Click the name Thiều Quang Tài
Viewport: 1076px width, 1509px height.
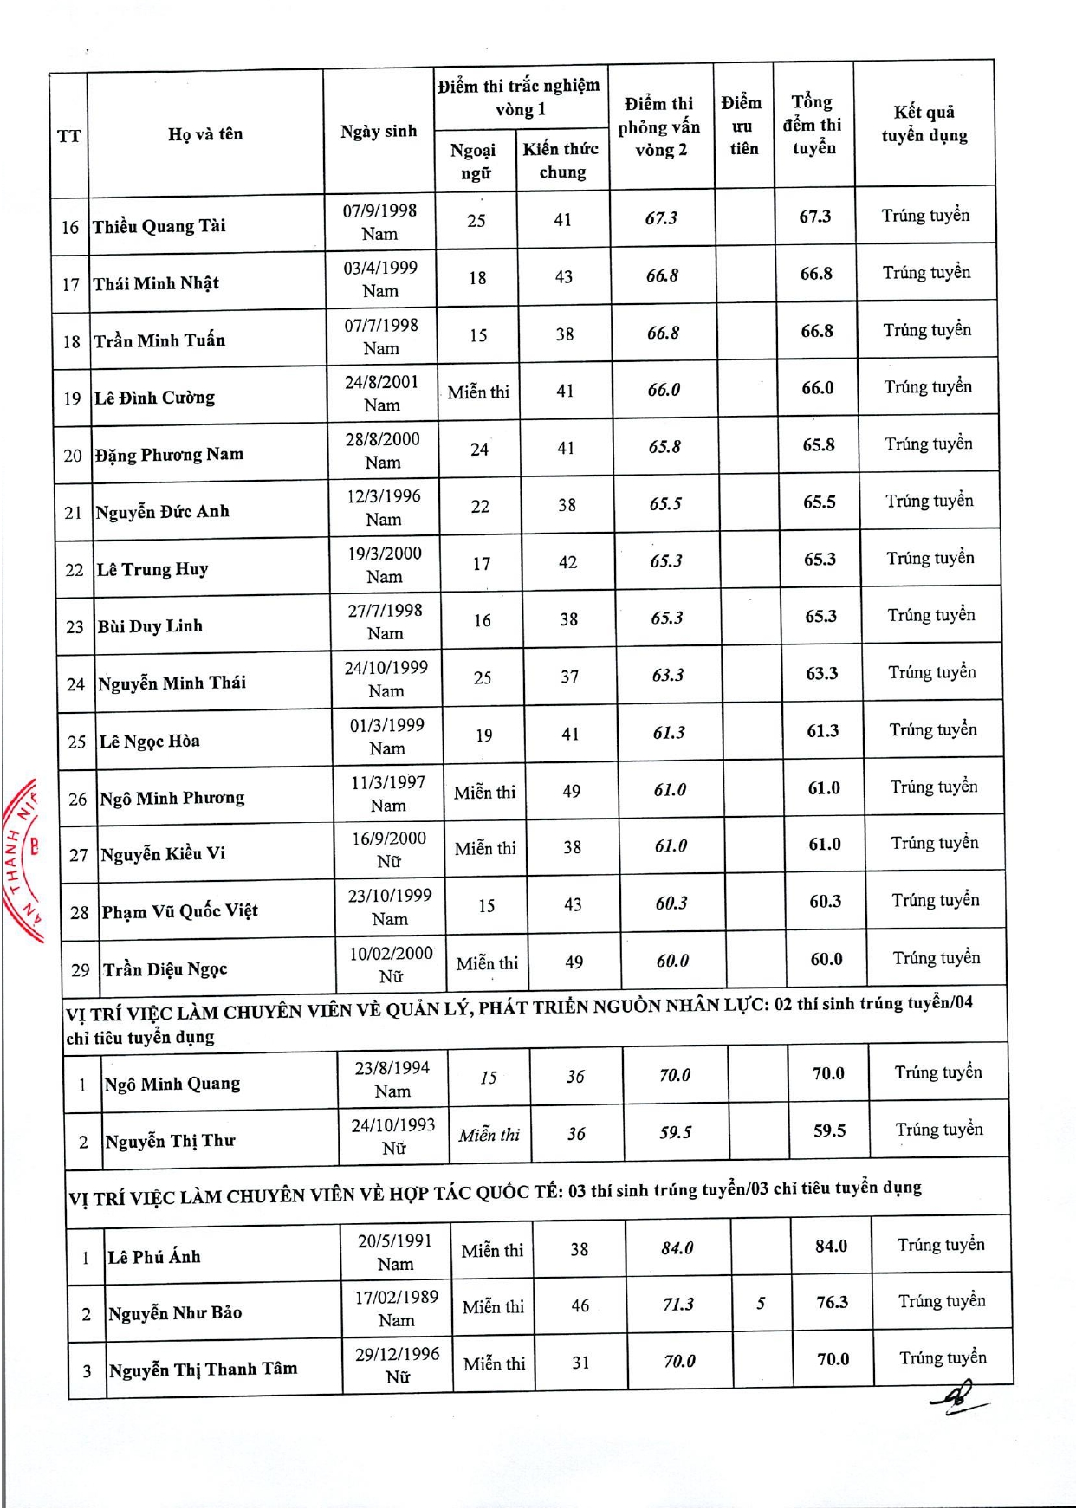pos(159,227)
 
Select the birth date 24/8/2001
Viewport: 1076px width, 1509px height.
pos(381,382)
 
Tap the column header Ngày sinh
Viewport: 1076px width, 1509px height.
pos(379,132)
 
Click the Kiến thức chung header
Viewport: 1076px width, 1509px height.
pos(561,160)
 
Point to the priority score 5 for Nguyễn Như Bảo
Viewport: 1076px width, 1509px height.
pos(761,1303)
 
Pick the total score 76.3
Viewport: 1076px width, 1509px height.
pos(832,1302)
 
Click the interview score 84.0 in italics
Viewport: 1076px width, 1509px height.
pos(677,1247)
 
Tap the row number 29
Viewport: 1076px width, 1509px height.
pos(81,970)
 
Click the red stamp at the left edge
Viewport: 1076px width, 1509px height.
pos(23,858)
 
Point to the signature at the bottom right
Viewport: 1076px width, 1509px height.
pos(957,1396)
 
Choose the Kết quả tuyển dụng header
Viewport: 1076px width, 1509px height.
pos(924,124)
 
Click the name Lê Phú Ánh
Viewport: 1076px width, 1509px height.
pos(154,1256)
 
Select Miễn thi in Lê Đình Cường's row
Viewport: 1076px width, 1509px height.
pos(478,392)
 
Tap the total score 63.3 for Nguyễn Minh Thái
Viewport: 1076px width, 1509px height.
pos(821,673)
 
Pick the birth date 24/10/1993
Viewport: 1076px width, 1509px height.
pos(393,1124)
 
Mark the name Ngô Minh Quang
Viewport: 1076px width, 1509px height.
pos(172,1084)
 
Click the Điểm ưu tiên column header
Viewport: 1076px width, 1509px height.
pos(742,126)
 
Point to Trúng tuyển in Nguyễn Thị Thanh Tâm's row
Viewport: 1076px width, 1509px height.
pos(943,1357)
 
